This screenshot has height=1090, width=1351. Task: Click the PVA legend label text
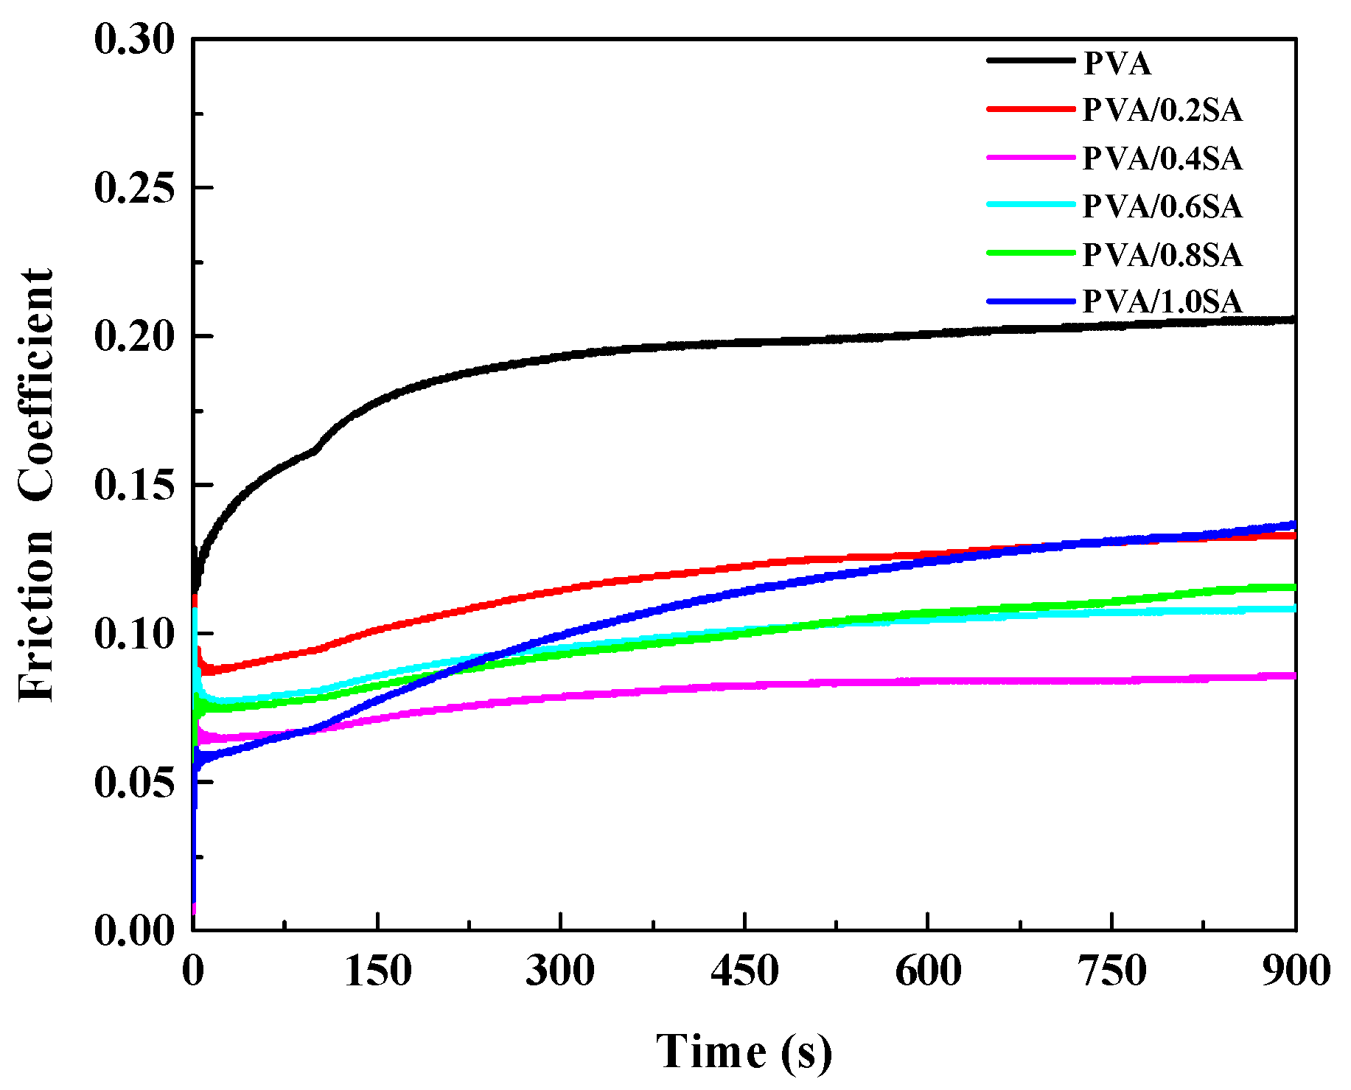pos(1117,63)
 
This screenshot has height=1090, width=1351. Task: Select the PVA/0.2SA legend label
pos(1162,111)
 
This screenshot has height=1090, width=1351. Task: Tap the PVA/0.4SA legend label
pos(1162,158)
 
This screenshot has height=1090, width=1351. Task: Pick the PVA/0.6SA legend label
pos(1162,206)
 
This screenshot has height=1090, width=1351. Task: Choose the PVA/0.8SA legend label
pos(1162,255)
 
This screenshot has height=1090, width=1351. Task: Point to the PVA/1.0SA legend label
pos(1162,302)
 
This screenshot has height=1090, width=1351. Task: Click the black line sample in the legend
pos(1030,60)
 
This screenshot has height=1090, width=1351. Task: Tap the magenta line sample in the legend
pos(1030,157)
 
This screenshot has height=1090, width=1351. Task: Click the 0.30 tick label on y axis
pos(134,39)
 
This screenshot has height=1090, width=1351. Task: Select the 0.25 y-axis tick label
pos(134,188)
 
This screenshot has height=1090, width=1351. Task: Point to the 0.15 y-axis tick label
pos(134,485)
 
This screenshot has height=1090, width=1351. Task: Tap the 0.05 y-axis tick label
pos(134,783)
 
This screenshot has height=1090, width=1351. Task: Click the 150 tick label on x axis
pos(377,971)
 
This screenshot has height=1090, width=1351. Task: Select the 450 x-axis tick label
pos(744,971)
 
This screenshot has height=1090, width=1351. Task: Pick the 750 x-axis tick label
pos(1111,971)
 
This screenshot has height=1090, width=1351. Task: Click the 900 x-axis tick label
pos(1295,971)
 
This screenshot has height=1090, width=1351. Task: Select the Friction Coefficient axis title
pos(37,485)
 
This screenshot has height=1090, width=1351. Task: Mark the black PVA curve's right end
pos(1293,320)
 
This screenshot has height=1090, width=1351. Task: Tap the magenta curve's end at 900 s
pos(1293,675)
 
